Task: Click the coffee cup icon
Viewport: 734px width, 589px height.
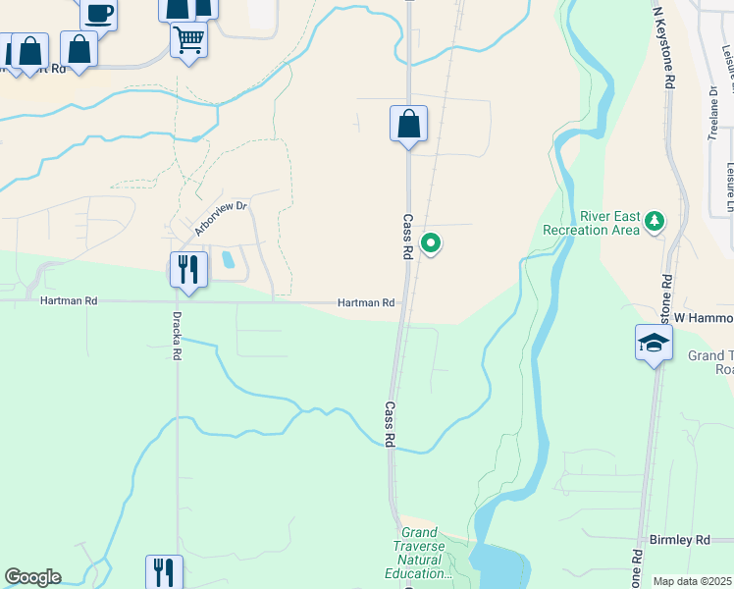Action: (x=98, y=13)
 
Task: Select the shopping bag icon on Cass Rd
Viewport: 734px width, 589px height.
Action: (x=408, y=125)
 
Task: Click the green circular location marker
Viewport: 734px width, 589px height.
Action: (x=430, y=241)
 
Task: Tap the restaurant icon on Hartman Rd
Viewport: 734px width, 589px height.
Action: (x=188, y=270)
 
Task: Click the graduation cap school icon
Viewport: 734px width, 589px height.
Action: (x=654, y=343)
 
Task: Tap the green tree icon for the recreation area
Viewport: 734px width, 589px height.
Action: (x=655, y=223)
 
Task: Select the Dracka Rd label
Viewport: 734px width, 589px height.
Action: (x=177, y=335)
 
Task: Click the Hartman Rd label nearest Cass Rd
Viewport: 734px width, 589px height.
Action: (x=367, y=303)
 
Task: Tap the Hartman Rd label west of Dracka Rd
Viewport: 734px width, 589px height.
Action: (x=70, y=301)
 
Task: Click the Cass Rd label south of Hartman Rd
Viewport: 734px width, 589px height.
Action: (x=390, y=424)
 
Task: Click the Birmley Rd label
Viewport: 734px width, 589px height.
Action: (x=679, y=540)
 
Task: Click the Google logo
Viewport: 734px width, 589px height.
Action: (x=32, y=577)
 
